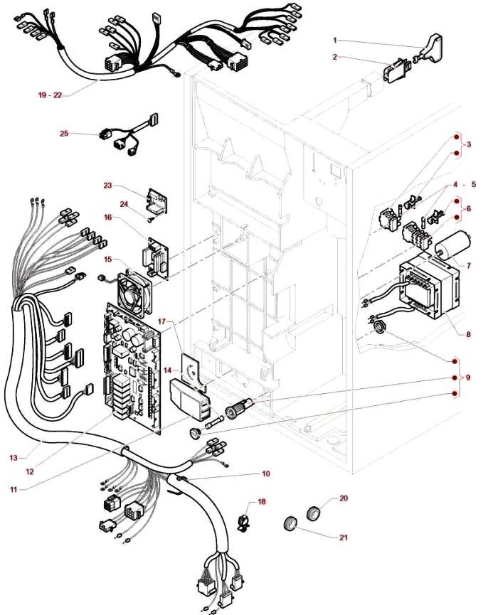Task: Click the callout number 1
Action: pyautogui.click(x=334, y=41)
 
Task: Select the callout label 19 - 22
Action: pyautogui.click(x=51, y=95)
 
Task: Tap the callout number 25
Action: pyautogui.click(x=64, y=134)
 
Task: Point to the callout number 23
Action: pyautogui.click(x=107, y=186)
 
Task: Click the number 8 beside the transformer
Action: pyautogui.click(x=468, y=335)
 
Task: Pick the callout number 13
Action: pyautogui.click(x=14, y=458)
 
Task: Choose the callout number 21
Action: pyautogui.click(x=344, y=538)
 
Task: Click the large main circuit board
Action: pyautogui.click(x=133, y=369)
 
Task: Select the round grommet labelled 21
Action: pyautogui.click(x=290, y=524)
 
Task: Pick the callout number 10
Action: pyautogui.click(x=266, y=474)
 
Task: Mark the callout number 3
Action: pyautogui.click(x=468, y=144)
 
